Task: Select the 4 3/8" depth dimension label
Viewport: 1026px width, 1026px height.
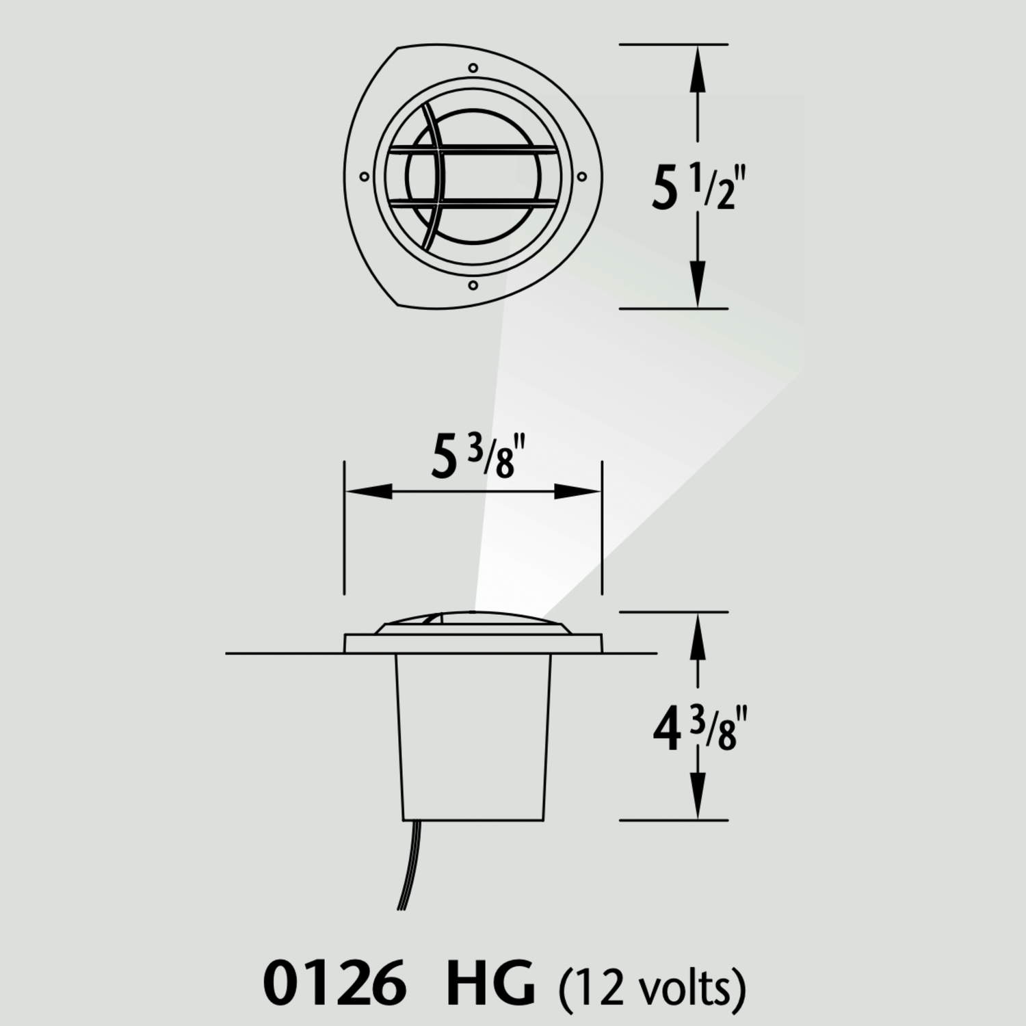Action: click(694, 730)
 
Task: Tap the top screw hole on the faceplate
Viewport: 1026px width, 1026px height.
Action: click(473, 68)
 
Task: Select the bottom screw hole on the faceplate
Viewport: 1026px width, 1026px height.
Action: click(473, 284)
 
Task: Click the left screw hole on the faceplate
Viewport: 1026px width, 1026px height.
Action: click(364, 177)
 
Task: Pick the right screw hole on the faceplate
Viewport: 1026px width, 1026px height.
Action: click(581, 177)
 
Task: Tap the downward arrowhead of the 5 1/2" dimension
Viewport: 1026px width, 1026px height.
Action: click(698, 287)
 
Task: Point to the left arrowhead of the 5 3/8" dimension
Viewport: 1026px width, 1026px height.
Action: click(369, 491)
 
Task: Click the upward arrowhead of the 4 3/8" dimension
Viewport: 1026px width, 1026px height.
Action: click(698, 633)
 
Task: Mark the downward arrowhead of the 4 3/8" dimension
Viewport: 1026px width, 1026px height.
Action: click(698, 797)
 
